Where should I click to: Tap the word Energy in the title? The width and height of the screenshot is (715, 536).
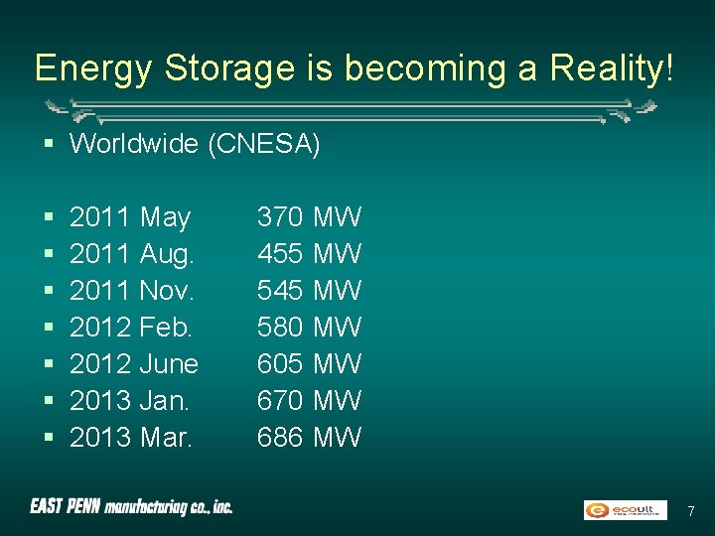point(94,68)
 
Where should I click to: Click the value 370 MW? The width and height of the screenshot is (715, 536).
point(309,217)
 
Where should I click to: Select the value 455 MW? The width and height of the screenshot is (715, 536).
point(309,254)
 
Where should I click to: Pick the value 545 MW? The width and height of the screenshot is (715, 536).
point(309,291)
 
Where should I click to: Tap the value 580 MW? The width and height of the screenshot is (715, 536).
point(309,328)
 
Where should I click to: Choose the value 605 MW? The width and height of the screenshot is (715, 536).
point(309,364)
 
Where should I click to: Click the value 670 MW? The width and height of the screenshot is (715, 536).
point(309,401)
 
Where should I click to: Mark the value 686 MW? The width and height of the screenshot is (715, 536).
point(309,438)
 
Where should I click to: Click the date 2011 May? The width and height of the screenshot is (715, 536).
point(130,217)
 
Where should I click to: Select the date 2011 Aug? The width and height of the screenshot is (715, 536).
point(132,254)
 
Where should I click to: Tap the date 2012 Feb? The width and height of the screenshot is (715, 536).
point(131,328)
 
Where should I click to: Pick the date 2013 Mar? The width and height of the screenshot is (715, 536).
point(131,438)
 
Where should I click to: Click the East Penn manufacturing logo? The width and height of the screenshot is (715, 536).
point(131,507)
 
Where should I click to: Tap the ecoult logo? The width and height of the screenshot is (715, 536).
point(625,510)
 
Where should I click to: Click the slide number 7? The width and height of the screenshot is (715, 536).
point(691,511)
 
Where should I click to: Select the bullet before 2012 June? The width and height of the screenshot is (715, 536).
point(49,364)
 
